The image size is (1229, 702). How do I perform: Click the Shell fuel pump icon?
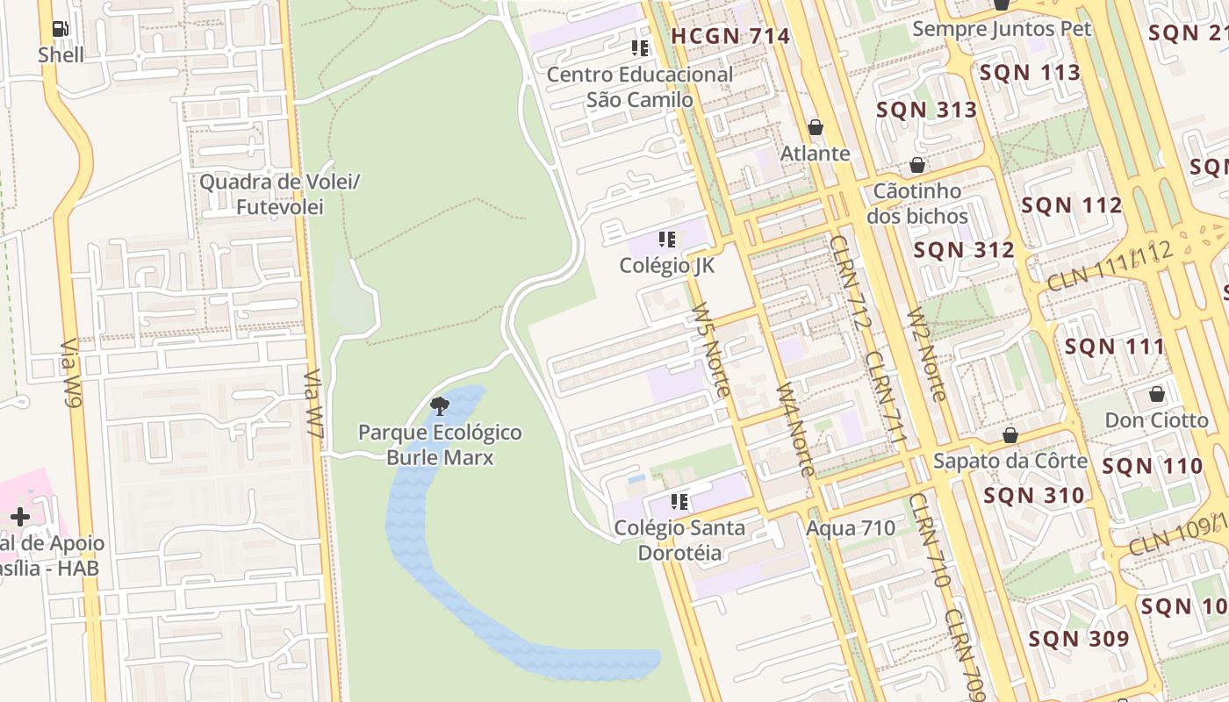point(61,29)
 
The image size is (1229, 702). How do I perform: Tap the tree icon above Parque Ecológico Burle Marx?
point(440,405)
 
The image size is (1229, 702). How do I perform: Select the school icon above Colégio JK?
point(667,239)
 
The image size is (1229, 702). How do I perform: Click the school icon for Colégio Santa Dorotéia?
point(679,502)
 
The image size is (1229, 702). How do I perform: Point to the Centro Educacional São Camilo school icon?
point(640,47)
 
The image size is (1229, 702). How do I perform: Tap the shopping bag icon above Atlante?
point(816,127)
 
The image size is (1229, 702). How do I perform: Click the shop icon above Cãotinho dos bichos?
point(917,165)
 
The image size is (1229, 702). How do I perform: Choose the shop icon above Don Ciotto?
point(1156,394)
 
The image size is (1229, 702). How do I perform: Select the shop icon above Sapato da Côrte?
point(1010,435)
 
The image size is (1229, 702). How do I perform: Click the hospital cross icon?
point(19,517)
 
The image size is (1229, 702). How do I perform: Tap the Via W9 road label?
point(71,374)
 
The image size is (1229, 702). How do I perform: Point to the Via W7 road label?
point(314,403)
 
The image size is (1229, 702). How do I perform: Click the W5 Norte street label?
point(710,350)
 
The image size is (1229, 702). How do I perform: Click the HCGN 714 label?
point(730,36)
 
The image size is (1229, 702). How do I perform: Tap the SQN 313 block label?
point(926,110)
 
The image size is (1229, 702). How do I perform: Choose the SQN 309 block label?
point(1079,639)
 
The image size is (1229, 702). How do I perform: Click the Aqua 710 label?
point(851,527)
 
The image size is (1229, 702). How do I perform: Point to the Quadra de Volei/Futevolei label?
point(280,194)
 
